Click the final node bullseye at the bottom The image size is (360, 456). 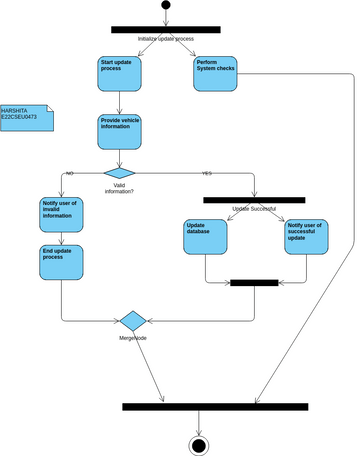199,445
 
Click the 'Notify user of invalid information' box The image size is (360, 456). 61,215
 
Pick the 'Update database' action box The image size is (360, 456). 206,236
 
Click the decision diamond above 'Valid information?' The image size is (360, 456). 119,171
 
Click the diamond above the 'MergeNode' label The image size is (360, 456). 132,320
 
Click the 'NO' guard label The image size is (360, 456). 70,174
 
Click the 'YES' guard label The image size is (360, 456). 207,174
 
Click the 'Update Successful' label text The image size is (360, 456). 254,208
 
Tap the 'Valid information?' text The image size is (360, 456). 119,186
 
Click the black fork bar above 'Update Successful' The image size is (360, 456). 254,199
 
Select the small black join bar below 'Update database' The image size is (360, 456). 254,283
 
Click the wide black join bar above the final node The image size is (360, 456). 199,407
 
